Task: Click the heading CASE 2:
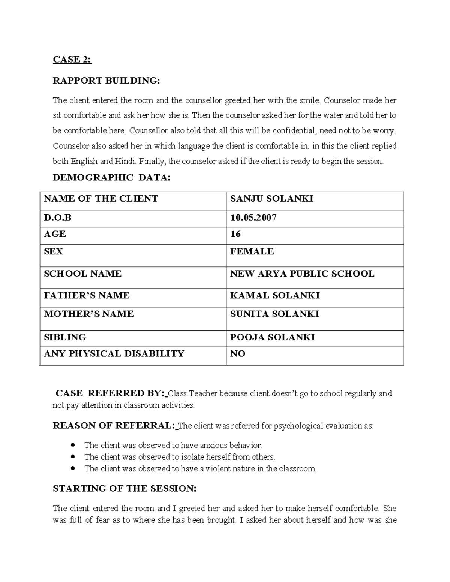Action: pos(72,60)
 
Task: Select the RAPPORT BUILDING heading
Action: pos(106,81)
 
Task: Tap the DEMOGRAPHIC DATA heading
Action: pos(111,178)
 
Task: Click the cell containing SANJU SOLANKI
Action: pos(271,199)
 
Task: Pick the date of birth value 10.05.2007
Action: pos(253,218)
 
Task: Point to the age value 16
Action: pos(235,234)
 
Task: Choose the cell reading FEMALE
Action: pos(252,251)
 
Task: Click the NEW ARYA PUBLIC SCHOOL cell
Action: pos(302,274)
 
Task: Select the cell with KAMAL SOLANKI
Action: pos(274,296)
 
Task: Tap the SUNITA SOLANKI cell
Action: pos(274,314)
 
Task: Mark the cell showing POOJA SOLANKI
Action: pos(272,337)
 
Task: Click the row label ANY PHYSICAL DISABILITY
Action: pos(114,354)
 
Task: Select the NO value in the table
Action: pos(237,354)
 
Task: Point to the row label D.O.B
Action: pos(57,218)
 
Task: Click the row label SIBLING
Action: pos(65,337)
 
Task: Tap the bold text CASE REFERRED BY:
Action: pos(110,393)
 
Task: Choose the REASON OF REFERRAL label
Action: pos(114,426)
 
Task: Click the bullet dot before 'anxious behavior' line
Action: pos(73,445)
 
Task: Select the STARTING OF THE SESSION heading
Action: pos(124,489)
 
